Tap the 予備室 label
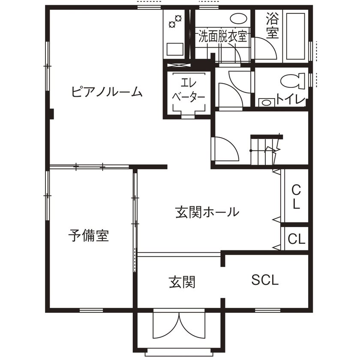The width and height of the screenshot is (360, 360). (89, 235)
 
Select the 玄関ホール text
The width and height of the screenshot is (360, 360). (207, 212)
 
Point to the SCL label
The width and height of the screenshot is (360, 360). (265, 280)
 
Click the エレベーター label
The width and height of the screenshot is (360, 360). (188, 90)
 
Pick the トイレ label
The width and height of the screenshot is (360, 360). (291, 99)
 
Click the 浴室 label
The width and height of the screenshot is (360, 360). (272, 26)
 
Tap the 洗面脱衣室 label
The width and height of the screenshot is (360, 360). (222, 36)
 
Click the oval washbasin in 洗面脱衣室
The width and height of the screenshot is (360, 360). (239, 19)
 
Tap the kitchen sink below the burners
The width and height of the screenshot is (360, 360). (174, 49)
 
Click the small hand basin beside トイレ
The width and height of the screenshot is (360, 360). (267, 102)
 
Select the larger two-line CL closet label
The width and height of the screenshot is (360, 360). (296, 196)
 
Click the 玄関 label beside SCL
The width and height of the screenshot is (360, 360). (182, 282)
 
